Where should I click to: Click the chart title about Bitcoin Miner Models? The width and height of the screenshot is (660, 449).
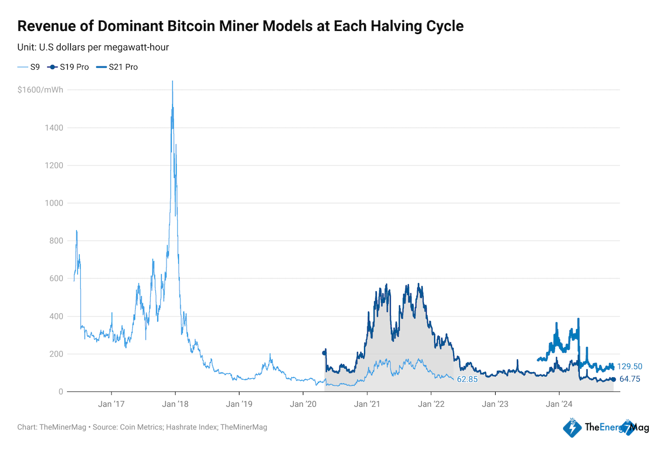pyautogui.click(x=241, y=26)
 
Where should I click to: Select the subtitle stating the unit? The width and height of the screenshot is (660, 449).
pyautogui.click(x=94, y=47)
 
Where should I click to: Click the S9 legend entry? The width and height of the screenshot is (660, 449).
pyautogui.click(x=29, y=67)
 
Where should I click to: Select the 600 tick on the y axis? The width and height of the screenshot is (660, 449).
pyautogui.click(x=55, y=279)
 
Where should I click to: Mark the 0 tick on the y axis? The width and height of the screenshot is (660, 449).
pyautogui.click(x=60, y=392)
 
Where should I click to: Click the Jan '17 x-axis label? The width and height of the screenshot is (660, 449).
pyautogui.click(x=111, y=404)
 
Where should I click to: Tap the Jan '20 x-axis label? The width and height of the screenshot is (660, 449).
pyautogui.click(x=303, y=404)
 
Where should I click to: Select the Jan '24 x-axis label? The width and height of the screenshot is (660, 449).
pyautogui.click(x=559, y=404)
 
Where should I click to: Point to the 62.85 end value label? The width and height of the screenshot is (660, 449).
pyautogui.click(x=467, y=380)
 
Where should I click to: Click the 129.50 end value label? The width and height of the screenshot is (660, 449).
pyautogui.click(x=629, y=366)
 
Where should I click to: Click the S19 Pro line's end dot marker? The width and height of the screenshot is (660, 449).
pyautogui.click(x=613, y=379)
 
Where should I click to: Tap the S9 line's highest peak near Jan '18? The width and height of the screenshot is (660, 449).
pyautogui.click(x=172, y=82)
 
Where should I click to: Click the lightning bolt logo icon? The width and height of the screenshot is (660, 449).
pyautogui.click(x=571, y=428)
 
